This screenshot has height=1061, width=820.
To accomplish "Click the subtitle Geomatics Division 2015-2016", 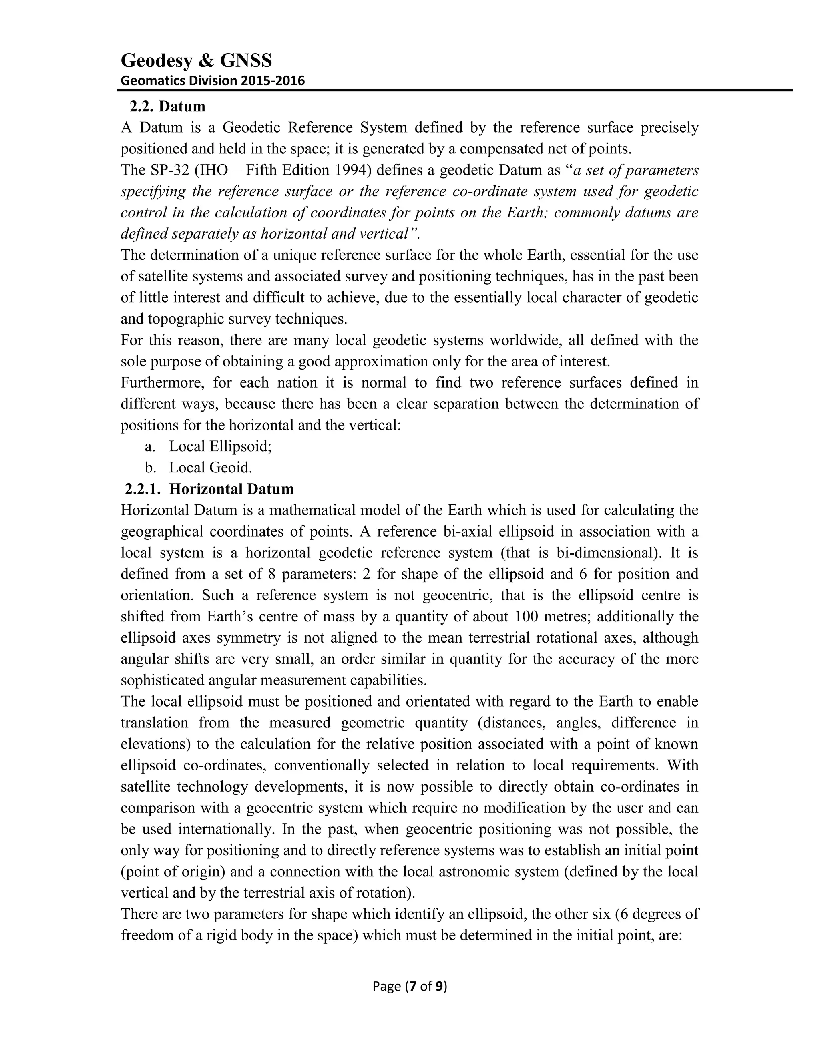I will [x=212, y=80].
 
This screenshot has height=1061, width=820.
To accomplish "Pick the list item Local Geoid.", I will [x=210, y=467].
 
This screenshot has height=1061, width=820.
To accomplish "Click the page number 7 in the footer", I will [x=413, y=986].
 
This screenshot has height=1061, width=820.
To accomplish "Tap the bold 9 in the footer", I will [x=439, y=986].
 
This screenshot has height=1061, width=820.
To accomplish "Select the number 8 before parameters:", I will [x=271, y=574].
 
